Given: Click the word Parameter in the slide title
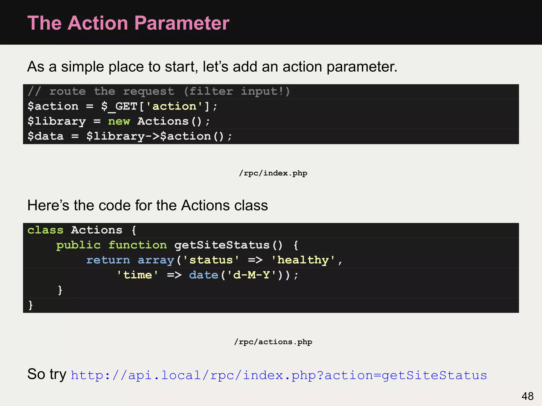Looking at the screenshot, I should click(182, 23).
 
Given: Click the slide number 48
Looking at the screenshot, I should click(527, 396).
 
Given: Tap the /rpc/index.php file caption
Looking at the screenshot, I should click(273, 173).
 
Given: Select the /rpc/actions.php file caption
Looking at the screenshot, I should click(273, 342).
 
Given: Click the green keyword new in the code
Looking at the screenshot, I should click(119, 122).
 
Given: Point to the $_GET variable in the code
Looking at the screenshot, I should click(119, 107).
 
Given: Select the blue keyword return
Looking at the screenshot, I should click(108, 260).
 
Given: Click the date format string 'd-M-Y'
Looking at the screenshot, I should click(251, 275).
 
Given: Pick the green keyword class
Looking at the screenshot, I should click(45, 230).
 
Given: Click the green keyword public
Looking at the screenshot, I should click(78, 245).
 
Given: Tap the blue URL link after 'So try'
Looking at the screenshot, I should click(279, 375).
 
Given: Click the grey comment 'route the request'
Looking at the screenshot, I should click(112, 91).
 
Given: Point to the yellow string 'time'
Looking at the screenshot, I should click(137, 275).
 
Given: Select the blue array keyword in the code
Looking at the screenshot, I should click(156, 260).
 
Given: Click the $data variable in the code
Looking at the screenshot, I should click(46, 136).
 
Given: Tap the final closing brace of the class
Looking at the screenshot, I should click(30, 305).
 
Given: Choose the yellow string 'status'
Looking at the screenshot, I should click(211, 260).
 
